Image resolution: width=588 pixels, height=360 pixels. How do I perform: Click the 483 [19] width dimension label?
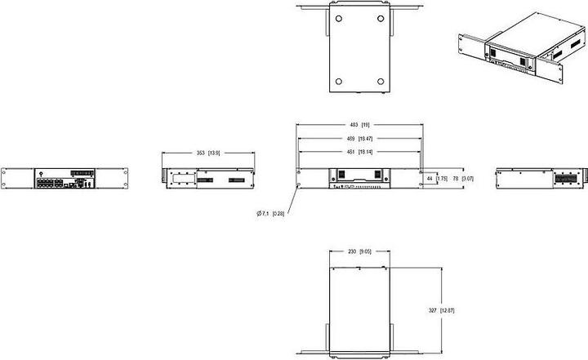click(360, 125)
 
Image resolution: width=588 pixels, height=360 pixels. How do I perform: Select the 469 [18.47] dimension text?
click(360, 139)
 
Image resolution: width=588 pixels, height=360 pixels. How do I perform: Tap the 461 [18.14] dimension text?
click(360, 152)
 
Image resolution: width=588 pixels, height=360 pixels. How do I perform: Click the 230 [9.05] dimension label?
click(359, 252)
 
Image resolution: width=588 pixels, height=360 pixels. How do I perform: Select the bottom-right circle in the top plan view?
click(381, 80)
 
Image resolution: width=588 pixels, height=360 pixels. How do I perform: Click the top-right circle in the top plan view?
click(381, 17)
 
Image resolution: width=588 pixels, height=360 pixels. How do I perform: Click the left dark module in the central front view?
click(343, 174)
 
